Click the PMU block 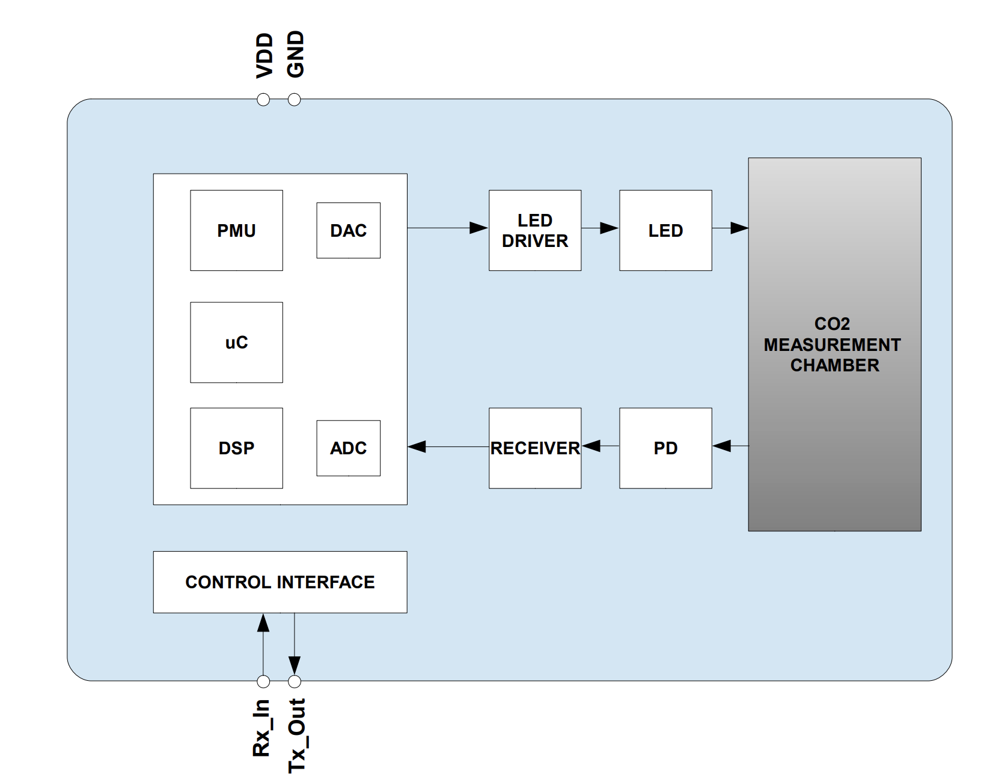coord(236,230)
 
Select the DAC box coord(348,230)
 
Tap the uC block coord(236,342)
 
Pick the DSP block coord(236,448)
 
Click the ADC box coord(348,448)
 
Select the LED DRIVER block coord(534,230)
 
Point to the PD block coord(665,448)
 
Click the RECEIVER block coord(534,448)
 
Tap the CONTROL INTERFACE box coord(280,582)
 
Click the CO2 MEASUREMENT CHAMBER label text coord(833,344)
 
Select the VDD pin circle coord(263,100)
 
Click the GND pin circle coord(294,100)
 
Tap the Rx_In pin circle coord(263,681)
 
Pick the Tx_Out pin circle coord(294,681)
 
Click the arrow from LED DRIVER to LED coord(600,228)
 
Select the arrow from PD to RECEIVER coord(600,446)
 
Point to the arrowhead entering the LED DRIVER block coord(478,228)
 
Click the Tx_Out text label coord(297,735)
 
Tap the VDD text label coord(264,56)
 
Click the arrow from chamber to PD coord(730,446)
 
